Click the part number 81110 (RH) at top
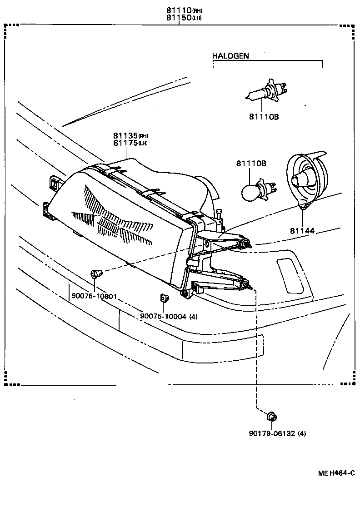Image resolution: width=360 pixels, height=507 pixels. [x=184, y=10]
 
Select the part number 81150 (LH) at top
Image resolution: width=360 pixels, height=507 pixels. [x=184, y=18]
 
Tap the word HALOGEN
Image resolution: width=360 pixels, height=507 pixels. [x=230, y=56]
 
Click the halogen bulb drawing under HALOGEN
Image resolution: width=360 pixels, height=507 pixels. [x=266, y=91]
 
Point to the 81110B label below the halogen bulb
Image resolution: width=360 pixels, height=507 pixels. [x=264, y=117]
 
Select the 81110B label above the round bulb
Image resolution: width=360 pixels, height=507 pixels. [x=251, y=164]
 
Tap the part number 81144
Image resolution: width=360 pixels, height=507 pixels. [x=302, y=231]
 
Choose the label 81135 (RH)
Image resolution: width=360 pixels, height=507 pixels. [x=130, y=135]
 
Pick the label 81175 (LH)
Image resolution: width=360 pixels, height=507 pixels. [x=130, y=143]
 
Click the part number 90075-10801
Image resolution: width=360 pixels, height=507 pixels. [x=94, y=296]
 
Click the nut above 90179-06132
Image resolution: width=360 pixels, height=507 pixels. [x=272, y=417]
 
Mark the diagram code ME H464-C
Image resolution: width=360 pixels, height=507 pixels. [x=336, y=473]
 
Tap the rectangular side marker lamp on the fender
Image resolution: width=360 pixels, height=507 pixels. [x=290, y=275]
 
